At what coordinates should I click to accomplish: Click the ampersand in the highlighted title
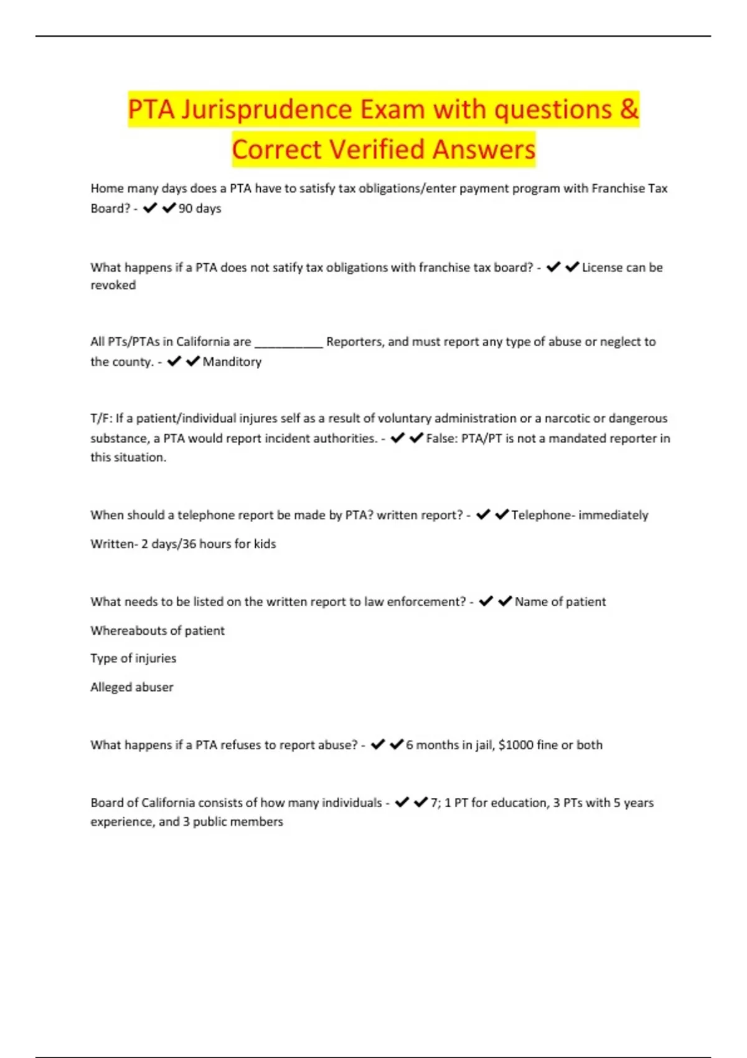pyautogui.click(x=629, y=110)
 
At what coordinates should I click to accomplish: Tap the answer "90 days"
pyautogui.click(x=200, y=208)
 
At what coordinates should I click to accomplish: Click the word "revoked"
pyautogui.click(x=113, y=285)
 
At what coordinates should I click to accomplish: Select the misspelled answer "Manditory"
pyautogui.click(x=232, y=362)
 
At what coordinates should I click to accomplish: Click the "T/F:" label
pyautogui.click(x=101, y=418)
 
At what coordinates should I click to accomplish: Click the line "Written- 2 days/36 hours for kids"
pyautogui.click(x=183, y=543)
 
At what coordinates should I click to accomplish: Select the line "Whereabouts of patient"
pyautogui.click(x=157, y=630)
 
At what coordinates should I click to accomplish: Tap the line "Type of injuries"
pyautogui.click(x=133, y=658)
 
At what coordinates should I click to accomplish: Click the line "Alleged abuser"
pyautogui.click(x=132, y=687)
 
